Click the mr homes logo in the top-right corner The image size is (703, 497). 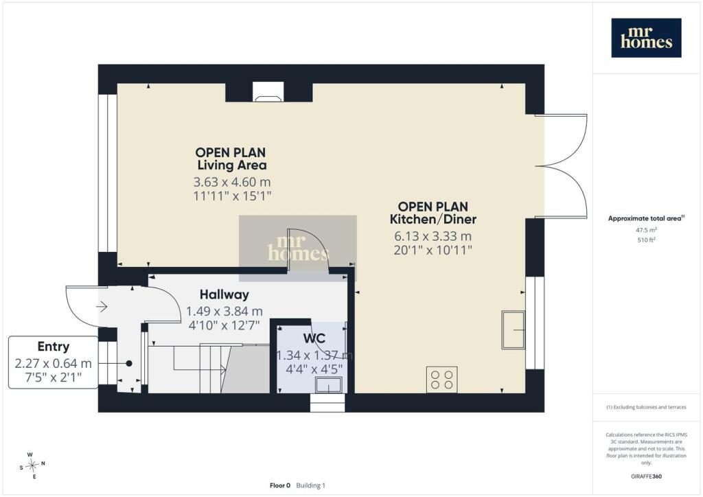646,38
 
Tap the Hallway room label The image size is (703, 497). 224,294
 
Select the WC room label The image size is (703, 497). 314,338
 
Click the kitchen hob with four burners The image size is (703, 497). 441,379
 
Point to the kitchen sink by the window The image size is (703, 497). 513,330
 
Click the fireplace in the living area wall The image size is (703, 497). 268,91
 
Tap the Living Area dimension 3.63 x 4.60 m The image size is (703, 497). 232,182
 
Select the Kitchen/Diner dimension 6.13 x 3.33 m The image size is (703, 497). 433,236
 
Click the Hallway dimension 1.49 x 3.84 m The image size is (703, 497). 224,312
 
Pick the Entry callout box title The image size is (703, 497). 54,347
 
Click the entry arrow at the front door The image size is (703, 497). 102,307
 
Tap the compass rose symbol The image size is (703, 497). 32,465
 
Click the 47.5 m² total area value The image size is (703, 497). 646,230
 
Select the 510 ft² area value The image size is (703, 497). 646,240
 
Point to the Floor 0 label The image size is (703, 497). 280,485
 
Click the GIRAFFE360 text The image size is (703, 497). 646,476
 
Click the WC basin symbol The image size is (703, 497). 329,385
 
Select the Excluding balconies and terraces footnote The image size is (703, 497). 646,407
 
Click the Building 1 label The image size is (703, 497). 311,485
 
